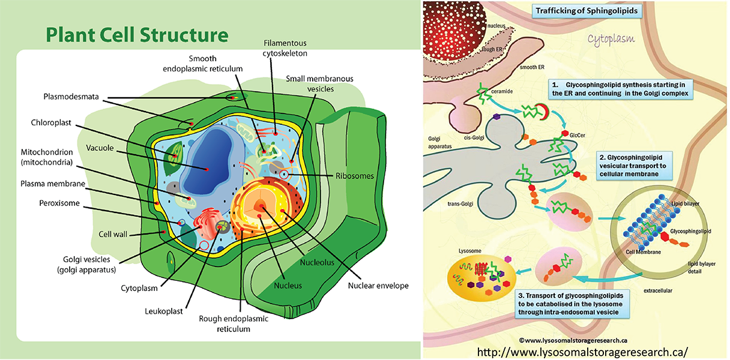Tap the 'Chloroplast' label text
point(51,122)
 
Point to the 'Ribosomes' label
point(354,176)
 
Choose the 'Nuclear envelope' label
point(378,286)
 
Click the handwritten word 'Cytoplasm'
point(611,41)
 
